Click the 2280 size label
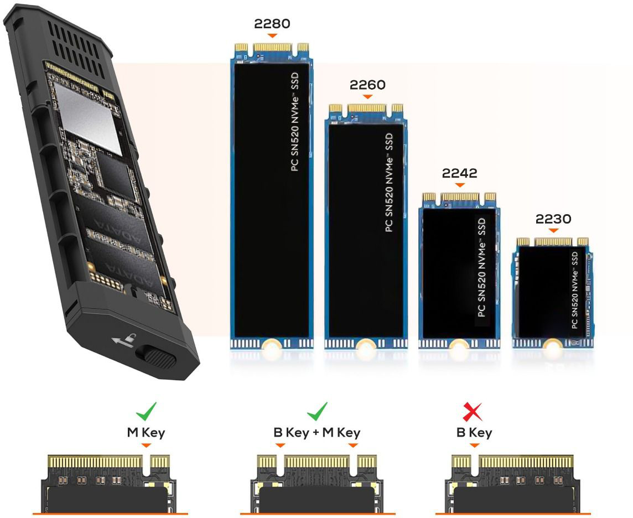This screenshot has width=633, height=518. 272,23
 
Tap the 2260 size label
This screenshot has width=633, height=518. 367,85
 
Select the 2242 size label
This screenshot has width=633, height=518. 459,173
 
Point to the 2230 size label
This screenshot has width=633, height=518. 553,219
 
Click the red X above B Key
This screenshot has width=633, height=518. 473,411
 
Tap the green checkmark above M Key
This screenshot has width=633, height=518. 146,411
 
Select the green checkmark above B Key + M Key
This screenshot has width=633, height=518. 317,411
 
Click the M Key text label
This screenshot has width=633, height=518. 146,433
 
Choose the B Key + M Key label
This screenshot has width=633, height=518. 317,433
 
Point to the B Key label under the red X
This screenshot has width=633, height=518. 474,433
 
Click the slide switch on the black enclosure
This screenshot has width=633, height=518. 156,356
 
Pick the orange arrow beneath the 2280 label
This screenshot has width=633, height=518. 272,35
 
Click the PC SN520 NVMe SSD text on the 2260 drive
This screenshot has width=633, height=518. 389,183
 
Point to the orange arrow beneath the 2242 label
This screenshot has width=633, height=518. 460,185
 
